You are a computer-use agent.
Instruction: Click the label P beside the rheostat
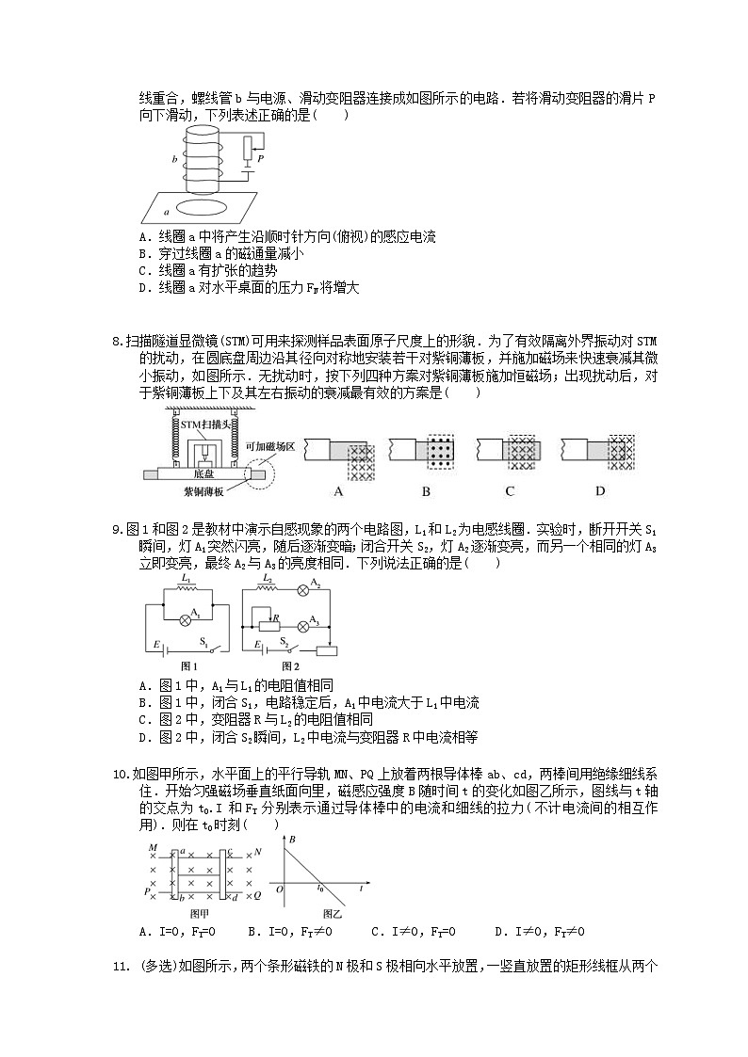tap(259, 160)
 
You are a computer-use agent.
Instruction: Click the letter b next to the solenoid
tap(174, 161)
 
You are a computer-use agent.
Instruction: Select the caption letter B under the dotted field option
tap(426, 491)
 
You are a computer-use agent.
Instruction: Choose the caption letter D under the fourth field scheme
tap(600, 491)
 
